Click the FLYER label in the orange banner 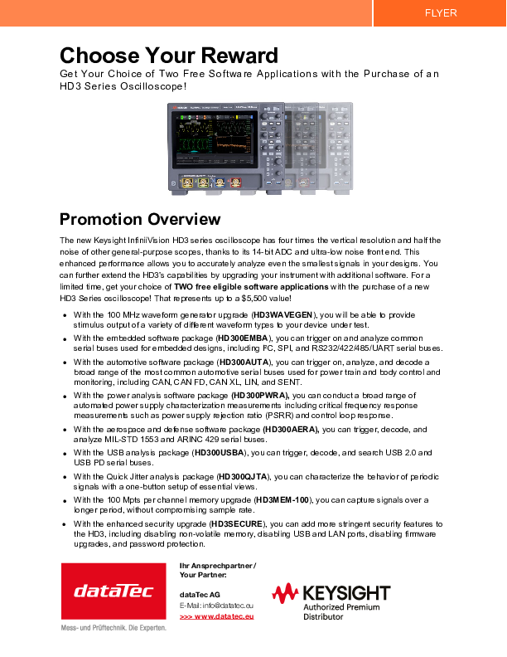click(440, 13)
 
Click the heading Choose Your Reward click(168, 56)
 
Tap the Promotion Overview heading click(140, 220)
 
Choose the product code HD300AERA click(291, 430)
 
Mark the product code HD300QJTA click(243, 477)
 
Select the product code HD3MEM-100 click(282, 500)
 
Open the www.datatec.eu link click(216, 616)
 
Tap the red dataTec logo click(113, 591)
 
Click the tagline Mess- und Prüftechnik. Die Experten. click(113, 627)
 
